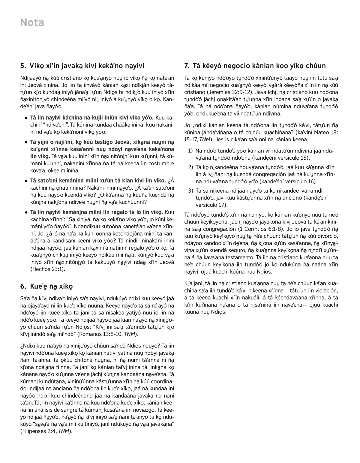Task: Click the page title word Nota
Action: click(x=32, y=23)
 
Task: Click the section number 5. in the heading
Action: click(x=23, y=65)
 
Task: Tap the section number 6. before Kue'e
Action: click(x=23, y=286)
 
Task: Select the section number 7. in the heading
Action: click(x=187, y=65)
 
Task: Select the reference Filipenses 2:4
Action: click(x=39, y=431)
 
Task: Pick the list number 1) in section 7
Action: click(x=190, y=151)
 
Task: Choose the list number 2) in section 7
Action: click(x=190, y=167)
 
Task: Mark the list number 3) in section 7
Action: click(x=190, y=191)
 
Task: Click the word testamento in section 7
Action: click(x=246, y=257)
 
